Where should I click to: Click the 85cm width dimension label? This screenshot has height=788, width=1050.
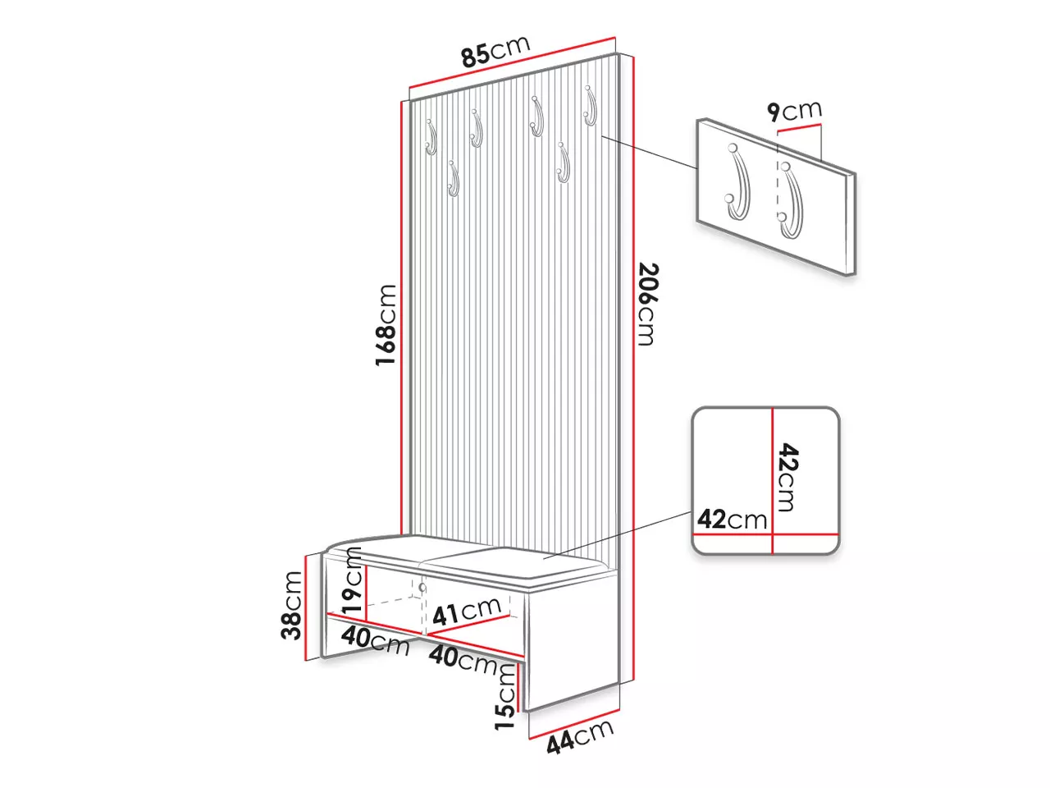[x=495, y=50]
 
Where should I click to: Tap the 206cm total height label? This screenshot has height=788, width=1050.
[x=647, y=304]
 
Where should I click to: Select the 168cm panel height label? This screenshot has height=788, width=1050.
[x=386, y=325]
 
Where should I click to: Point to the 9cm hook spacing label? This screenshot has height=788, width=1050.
[x=794, y=111]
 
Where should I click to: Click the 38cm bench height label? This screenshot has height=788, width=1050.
[x=291, y=605]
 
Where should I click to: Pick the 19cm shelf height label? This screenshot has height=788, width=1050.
[x=352, y=580]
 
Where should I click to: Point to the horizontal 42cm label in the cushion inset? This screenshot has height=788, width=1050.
[x=732, y=519]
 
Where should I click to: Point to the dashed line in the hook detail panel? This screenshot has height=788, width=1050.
[x=778, y=182]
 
